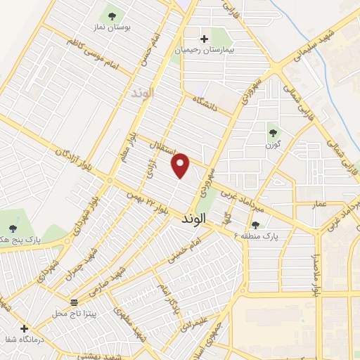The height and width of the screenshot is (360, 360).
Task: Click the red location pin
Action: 181,165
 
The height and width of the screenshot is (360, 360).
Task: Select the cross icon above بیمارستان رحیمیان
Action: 204,39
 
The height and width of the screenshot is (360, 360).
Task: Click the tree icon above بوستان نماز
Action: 111,15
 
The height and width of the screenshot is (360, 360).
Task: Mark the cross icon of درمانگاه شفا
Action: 24,328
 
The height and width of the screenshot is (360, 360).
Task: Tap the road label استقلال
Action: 163,149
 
